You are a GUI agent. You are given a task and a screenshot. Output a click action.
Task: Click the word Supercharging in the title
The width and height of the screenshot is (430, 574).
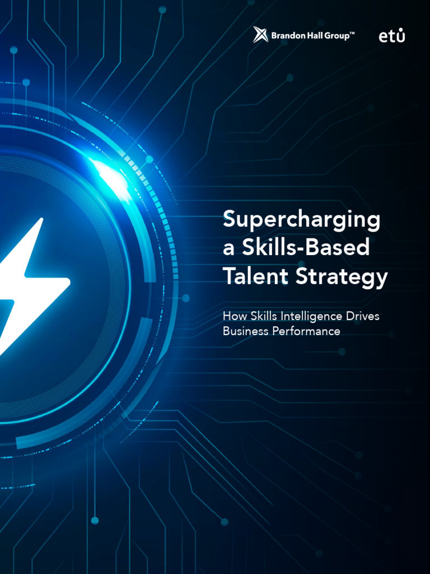[x=301, y=220]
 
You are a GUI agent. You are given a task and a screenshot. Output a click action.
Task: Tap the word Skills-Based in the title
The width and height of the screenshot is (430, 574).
[x=306, y=248]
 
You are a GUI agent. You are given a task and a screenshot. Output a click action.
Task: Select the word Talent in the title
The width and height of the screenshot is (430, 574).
[x=255, y=276]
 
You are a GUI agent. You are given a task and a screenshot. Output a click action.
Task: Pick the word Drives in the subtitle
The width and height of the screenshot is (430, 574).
[x=362, y=316]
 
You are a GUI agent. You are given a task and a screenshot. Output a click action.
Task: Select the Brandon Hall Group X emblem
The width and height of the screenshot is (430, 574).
[x=260, y=35]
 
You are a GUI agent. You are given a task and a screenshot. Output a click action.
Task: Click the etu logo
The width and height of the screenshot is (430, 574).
[x=392, y=35]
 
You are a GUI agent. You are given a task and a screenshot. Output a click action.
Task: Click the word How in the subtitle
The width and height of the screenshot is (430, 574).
[x=232, y=316]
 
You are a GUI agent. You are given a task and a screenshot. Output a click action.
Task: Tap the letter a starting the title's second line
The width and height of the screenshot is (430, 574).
[x=228, y=249]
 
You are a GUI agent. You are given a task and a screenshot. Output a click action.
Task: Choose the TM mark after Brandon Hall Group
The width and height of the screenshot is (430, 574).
[x=352, y=34]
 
